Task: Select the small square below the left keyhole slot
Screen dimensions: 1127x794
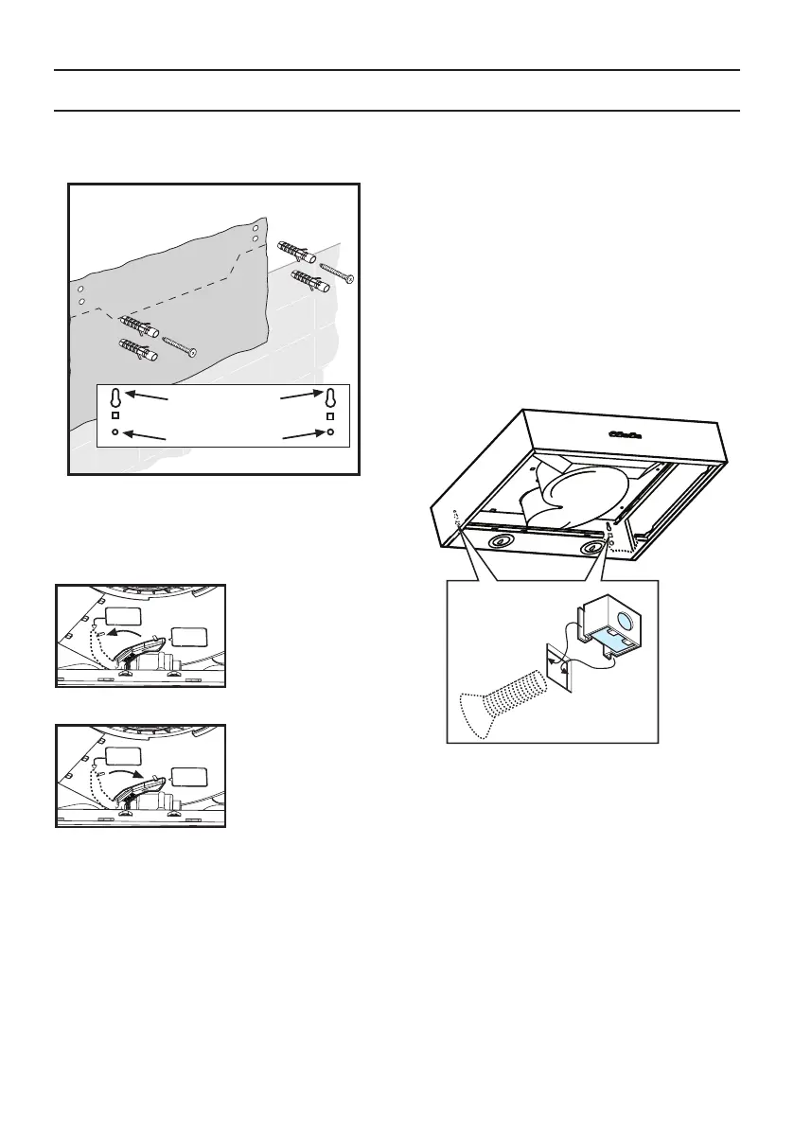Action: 115,415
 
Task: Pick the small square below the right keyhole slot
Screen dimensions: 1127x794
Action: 330,415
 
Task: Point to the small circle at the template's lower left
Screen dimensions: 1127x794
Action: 115,432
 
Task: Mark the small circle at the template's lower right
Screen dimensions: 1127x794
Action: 330,432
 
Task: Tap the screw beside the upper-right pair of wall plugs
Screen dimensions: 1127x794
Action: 337,272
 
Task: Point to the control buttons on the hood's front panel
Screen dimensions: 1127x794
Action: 627,434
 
